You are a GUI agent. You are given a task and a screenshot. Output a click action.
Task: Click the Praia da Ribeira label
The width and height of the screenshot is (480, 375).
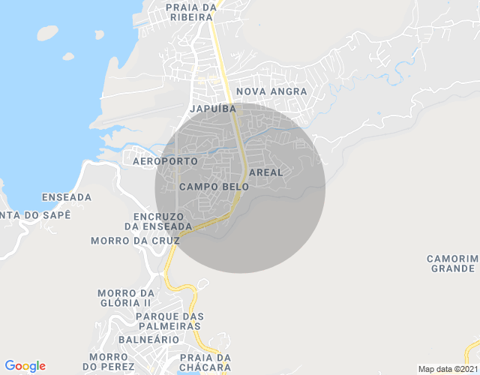pyautogui.click(x=191, y=12)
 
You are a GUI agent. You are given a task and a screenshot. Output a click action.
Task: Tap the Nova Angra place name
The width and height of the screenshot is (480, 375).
pyautogui.click(x=271, y=91)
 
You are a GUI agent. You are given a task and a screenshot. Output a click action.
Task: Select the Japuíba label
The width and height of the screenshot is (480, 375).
pyautogui.click(x=214, y=109)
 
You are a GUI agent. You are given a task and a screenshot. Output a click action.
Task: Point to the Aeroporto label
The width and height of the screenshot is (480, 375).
pyautogui.click(x=165, y=161)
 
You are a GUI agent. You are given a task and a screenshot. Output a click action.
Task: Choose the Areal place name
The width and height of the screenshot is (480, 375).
pyautogui.click(x=265, y=172)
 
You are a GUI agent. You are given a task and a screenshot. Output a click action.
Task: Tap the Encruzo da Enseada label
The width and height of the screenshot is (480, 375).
pyautogui.click(x=158, y=221)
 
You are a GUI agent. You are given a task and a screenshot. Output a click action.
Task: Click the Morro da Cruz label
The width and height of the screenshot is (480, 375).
pyautogui.click(x=135, y=241)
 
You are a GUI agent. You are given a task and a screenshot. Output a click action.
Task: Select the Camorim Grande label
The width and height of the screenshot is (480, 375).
pyautogui.click(x=451, y=263)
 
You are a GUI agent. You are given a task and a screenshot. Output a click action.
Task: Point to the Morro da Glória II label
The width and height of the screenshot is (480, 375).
pyautogui.click(x=125, y=298)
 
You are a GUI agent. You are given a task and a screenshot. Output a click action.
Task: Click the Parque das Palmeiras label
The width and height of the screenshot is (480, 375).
pyautogui.click(x=169, y=321)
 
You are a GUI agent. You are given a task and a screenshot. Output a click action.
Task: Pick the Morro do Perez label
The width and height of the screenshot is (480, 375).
pyautogui.click(x=111, y=361)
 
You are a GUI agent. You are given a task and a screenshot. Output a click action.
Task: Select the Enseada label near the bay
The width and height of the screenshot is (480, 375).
pyautogui.click(x=67, y=197)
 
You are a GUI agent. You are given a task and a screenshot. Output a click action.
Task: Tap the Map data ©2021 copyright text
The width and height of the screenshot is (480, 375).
pyautogui.click(x=448, y=369)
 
